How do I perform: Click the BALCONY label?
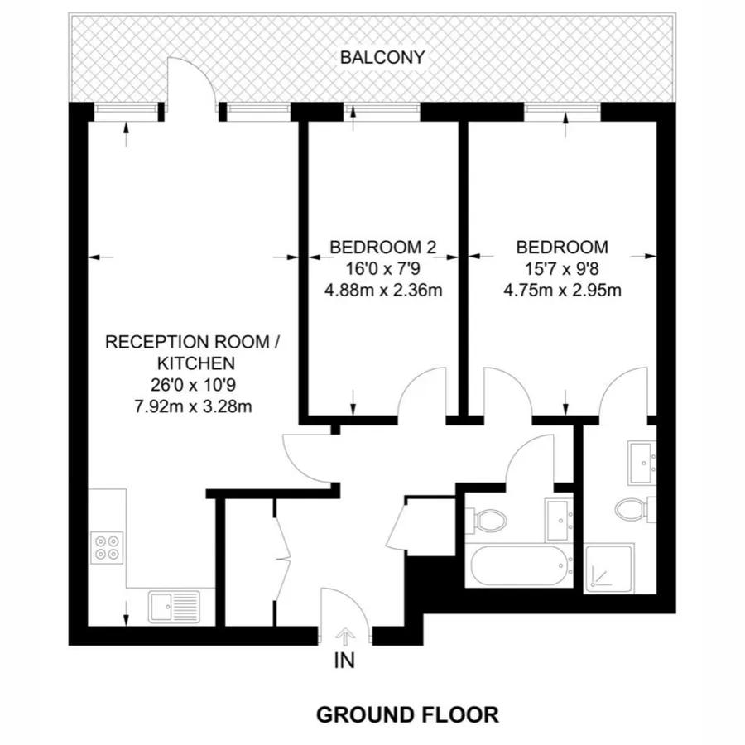383,58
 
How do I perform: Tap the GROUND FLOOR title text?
408,714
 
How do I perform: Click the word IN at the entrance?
344,661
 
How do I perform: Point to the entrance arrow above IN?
344,637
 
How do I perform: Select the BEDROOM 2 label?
382,247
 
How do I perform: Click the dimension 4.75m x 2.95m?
562,290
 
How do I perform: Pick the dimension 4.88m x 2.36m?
382,290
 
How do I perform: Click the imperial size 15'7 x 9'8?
562,268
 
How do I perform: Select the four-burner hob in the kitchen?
107,547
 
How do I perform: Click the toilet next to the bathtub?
488,520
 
